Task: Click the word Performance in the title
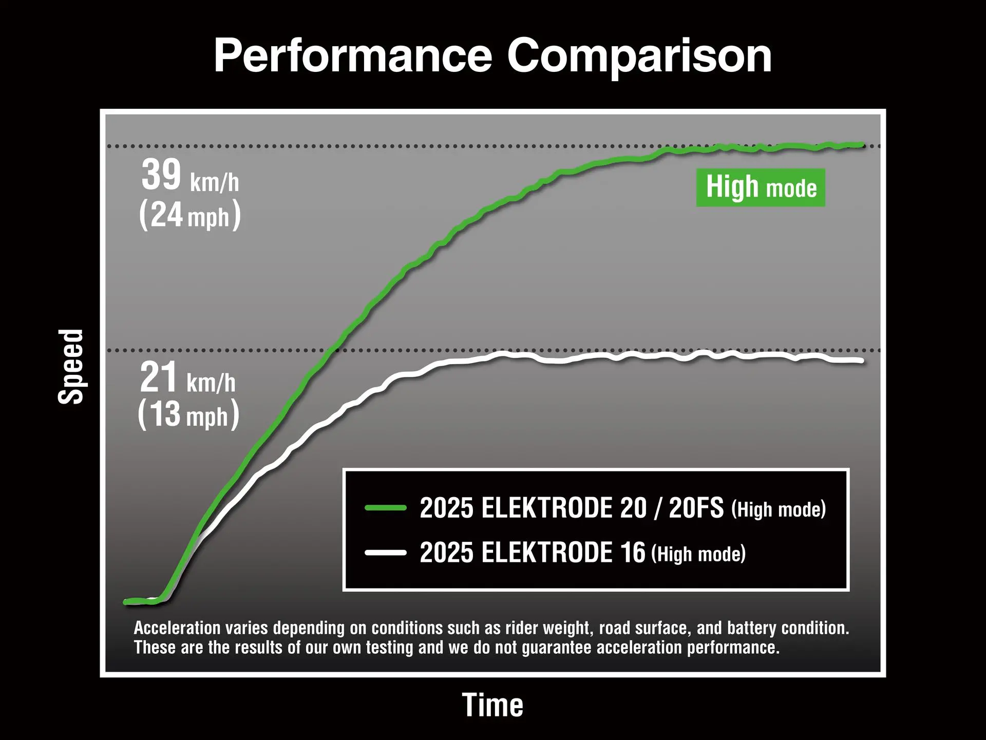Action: click(353, 56)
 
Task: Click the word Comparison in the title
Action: click(639, 56)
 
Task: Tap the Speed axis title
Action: click(71, 367)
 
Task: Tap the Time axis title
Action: click(492, 705)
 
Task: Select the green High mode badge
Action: click(761, 187)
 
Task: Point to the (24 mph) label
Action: click(189, 215)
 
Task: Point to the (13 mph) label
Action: click(188, 414)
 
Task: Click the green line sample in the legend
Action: click(386, 508)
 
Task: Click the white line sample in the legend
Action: click(386, 553)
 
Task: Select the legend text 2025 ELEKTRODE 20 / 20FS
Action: click(571, 508)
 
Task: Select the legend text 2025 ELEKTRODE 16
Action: click(532, 553)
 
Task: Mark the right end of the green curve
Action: click(862, 145)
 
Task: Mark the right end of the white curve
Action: click(861, 361)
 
